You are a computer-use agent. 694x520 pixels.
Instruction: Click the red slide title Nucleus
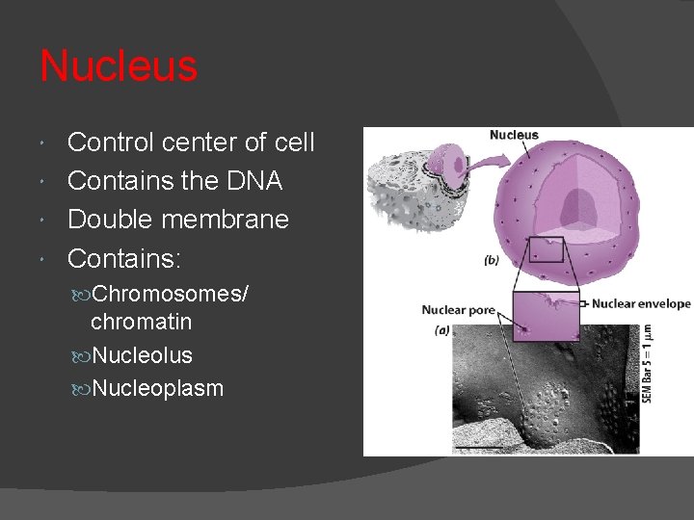coord(119,67)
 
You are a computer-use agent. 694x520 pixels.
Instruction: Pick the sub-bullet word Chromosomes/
coord(170,293)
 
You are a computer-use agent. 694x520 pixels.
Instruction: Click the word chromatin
coord(141,321)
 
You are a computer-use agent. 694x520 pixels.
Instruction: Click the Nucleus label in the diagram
coord(514,135)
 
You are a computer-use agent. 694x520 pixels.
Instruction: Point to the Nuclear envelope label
coord(641,303)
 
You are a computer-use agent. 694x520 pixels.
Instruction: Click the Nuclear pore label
coord(457,310)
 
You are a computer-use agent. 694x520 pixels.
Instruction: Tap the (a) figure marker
coord(442,328)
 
